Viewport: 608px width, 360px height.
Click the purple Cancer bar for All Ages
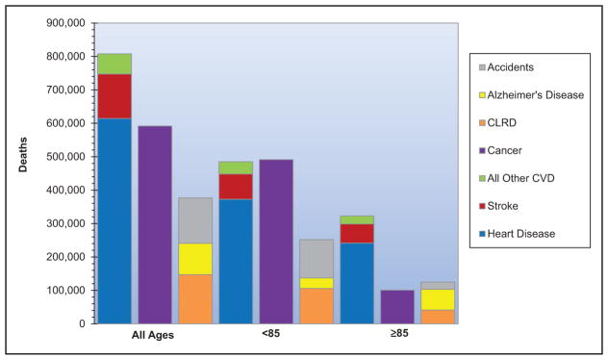click(x=155, y=224)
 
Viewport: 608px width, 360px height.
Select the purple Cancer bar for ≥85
click(x=397, y=307)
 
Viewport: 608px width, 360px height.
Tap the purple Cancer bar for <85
click(x=276, y=242)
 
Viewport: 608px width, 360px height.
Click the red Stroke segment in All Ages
click(x=114, y=96)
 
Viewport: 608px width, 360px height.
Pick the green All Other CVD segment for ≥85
click(x=357, y=220)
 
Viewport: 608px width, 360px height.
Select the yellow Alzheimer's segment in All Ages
click(x=195, y=259)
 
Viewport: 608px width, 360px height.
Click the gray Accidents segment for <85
click(x=317, y=259)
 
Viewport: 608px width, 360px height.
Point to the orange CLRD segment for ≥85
click(x=438, y=317)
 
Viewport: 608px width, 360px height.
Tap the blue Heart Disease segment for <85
click(x=236, y=262)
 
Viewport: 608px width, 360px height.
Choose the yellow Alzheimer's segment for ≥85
click(x=438, y=300)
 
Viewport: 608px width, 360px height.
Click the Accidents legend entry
click(x=506, y=67)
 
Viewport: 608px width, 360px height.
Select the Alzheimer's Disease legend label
click(x=536, y=95)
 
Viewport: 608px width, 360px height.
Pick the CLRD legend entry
click(x=498, y=122)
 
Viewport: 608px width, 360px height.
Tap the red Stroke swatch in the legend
click(x=482, y=206)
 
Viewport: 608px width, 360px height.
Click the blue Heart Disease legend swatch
click(x=482, y=234)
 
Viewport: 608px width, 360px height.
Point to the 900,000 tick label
click(x=66, y=23)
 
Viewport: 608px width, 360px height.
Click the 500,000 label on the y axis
click(x=66, y=157)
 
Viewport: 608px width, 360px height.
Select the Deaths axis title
click(x=23, y=154)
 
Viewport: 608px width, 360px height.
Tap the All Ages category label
click(x=153, y=335)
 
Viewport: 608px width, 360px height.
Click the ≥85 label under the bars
click(x=399, y=333)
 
